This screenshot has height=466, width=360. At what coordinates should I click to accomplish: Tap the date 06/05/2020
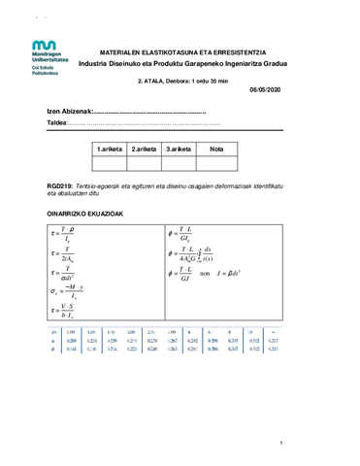pos(264,89)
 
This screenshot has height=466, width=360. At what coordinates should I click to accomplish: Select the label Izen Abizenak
pos(69,113)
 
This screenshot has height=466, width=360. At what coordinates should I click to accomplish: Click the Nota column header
pos(216,149)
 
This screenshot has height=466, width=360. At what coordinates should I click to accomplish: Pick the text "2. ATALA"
pos(152,81)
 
